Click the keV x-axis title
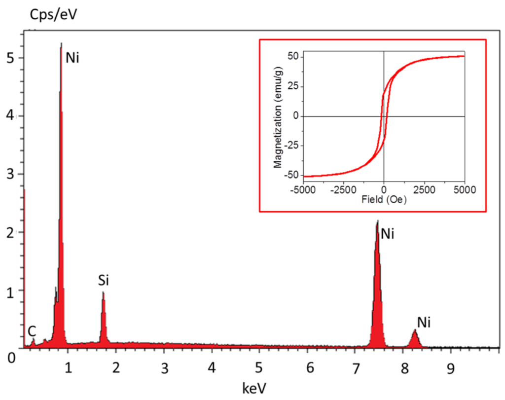[x=254, y=388]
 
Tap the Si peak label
[x=103, y=281]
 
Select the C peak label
[x=32, y=330]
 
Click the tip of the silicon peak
[x=103, y=293]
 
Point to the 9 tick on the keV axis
[x=449, y=367]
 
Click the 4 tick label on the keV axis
[x=212, y=367]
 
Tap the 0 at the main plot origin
[x=11, y=357]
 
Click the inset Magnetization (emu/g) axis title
[x=278, y=116]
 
